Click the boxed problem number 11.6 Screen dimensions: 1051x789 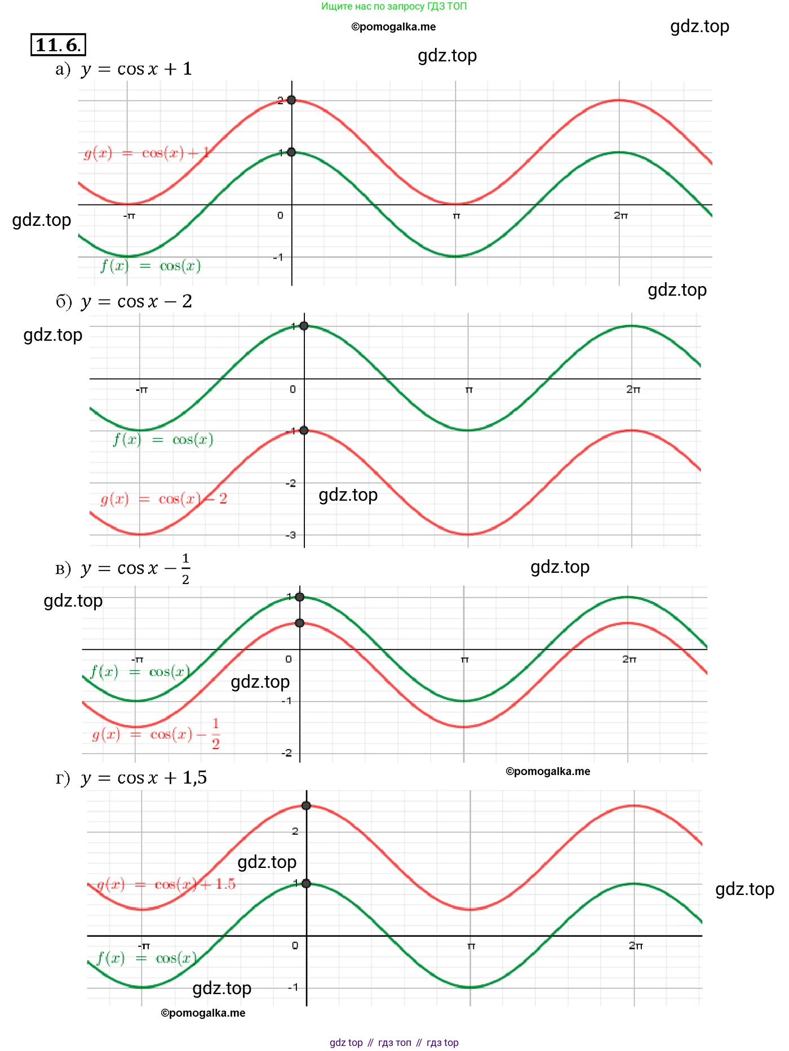(58, 44)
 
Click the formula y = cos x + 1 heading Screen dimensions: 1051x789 (137, 69)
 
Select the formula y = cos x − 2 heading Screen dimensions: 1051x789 (137, 302)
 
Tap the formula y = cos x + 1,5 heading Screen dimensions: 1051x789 (144, 778)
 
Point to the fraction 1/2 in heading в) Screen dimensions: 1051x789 (185, 568)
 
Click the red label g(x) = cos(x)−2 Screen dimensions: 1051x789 (163, 499)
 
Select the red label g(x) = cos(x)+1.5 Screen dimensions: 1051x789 (166, 884)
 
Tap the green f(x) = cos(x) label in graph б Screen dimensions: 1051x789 (163, 439)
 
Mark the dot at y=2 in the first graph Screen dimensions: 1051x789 (291, 100)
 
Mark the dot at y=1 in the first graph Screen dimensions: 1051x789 (291, 152)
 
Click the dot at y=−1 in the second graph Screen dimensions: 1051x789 (304, 430)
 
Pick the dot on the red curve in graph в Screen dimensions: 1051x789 (300, 623)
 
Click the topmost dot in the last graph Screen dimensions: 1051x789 (306, 805)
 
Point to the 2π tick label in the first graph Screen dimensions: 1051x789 (620, 215)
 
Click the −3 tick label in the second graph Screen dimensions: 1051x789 (290, 535)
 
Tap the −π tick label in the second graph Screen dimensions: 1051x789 (141, 389)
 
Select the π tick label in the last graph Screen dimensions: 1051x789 (471, 946)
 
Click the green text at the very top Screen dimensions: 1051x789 (394, 6)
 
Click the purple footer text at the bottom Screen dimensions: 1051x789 (394, 1043)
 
